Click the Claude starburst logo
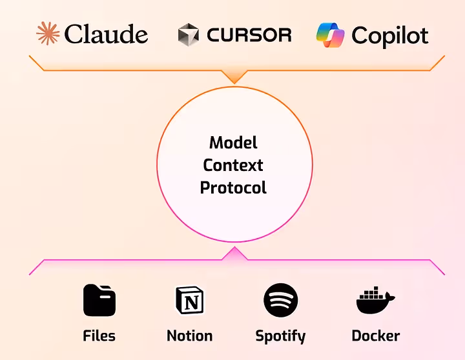[x=47, y=34]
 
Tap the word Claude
[x=107, y=34]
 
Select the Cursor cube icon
[x=189, y=34]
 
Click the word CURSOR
[x=249, y=34]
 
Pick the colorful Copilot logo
[x=330, y=35]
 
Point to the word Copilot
[x=389, y=35]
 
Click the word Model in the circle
[x=233, y=143]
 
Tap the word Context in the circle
[x=233, y=165]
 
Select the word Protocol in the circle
[x=233, y=188]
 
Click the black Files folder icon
[x=99, y=300]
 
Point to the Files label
[x=99, y=335]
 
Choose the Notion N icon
[x=189, y=301]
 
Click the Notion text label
[x=189, y=335]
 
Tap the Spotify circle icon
[x=280, y=300]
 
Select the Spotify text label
[x=280, y=336]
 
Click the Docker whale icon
[x=375, y=302]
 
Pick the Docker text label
[x=375, y=335]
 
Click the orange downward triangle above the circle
[x=234, y=76]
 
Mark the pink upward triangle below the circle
[x=234, y=254]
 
